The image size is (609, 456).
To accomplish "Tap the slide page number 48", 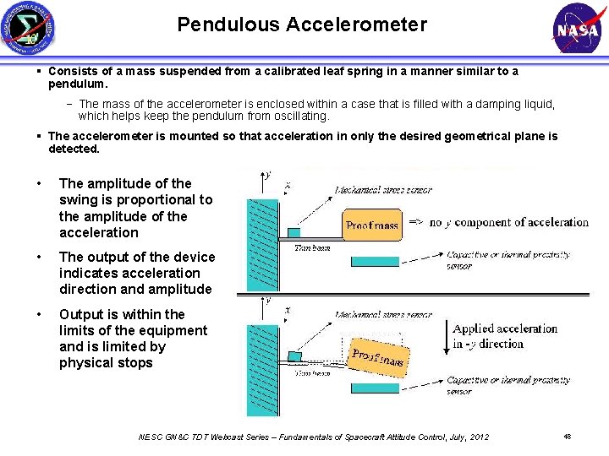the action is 567,437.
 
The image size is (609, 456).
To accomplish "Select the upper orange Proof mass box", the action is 372,225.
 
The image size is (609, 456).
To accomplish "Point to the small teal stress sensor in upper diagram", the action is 294,232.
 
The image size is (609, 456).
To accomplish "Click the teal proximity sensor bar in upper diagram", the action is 375,261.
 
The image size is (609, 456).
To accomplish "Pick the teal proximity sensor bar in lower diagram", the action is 375,388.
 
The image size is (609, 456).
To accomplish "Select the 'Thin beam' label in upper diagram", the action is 310,247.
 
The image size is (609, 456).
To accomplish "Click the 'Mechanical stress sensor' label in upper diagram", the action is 383,190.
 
